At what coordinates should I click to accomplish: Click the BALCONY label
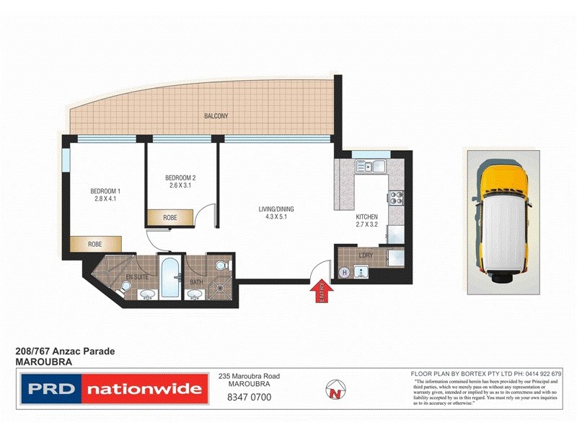pyautogui.click(x=216, y=116)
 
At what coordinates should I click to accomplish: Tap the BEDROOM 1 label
pyautogui.click(x=106, y=191)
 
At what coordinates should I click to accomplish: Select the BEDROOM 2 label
pyautogui.click(x=180, y=178)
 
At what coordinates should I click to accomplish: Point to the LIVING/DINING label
pyautogui.click(x=276, y=209)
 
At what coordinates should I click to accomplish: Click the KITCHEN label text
pyautogui.click(x=367, y=217)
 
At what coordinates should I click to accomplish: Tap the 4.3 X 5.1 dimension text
pyautogui.click(x=276, y=217)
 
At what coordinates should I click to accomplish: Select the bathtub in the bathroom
pyautogui.click(x=171, y=277)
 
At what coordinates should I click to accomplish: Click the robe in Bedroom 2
pyautogui.click(x=170, y=217)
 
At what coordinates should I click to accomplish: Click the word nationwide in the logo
pyautogui.click(x=144, y=390)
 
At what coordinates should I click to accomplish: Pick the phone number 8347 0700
pyautogui.click(x=250, y=396)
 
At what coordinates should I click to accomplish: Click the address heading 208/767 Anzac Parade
pyautogui.click(x=65, y=351)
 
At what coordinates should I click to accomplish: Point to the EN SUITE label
pyautogui.click(x=136, y=276)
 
